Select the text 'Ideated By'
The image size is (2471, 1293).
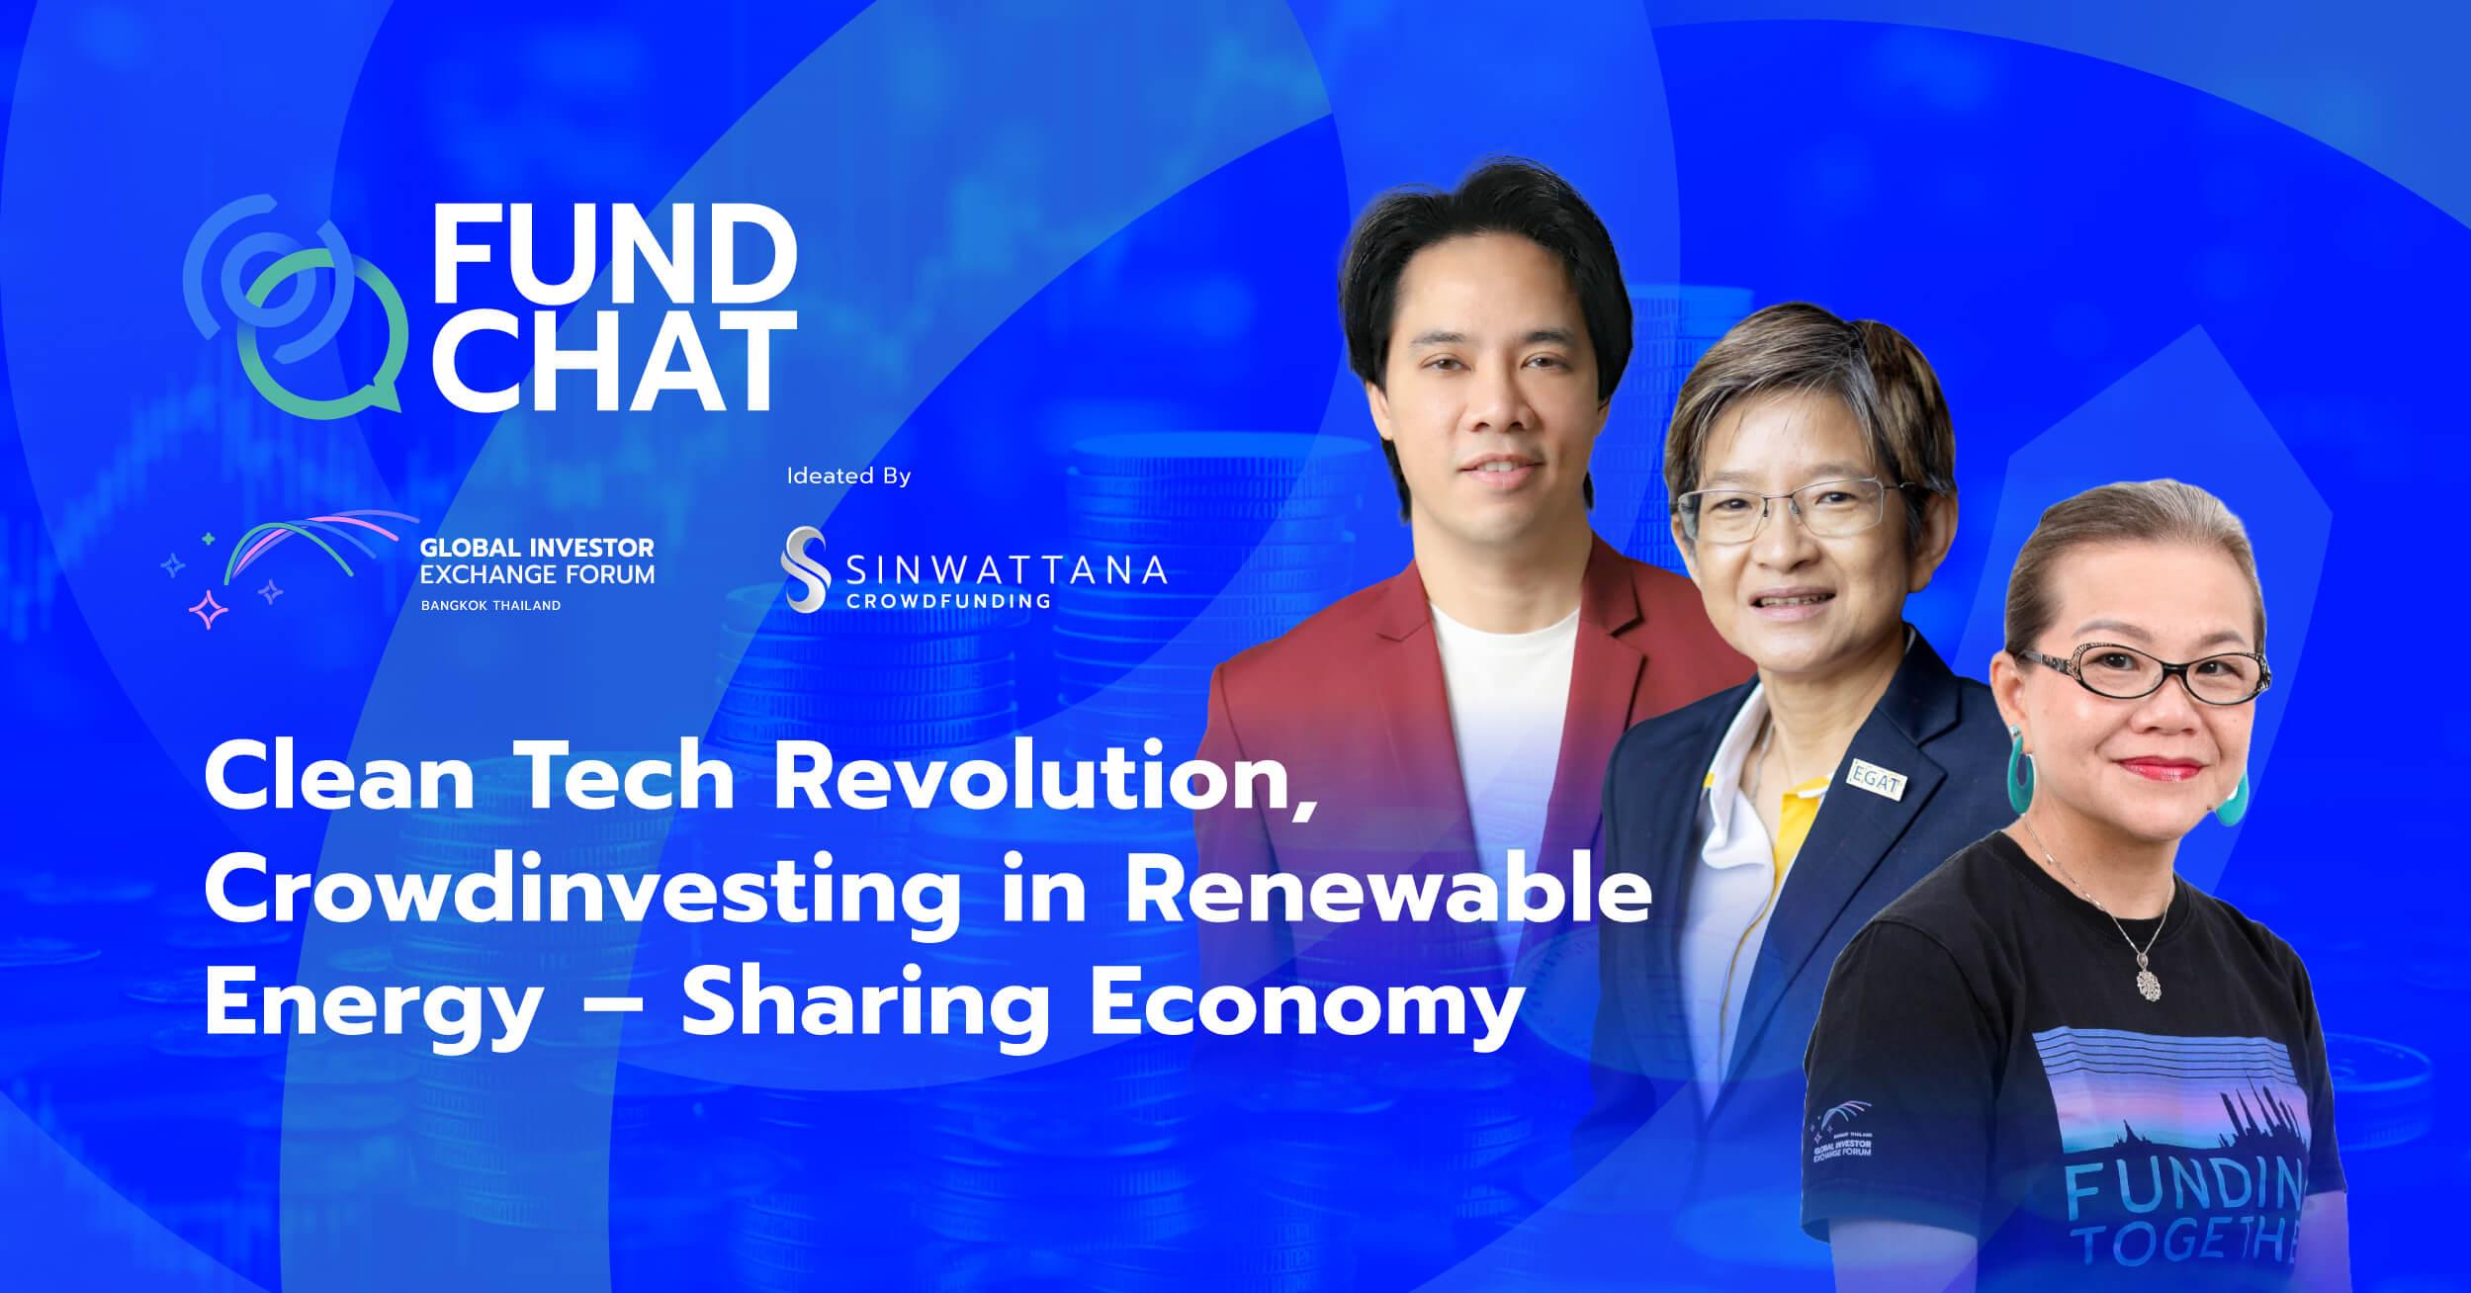click(848, 476)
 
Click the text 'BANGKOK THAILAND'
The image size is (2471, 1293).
click(490, 605)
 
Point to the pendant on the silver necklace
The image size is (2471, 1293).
click(2149, 981)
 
